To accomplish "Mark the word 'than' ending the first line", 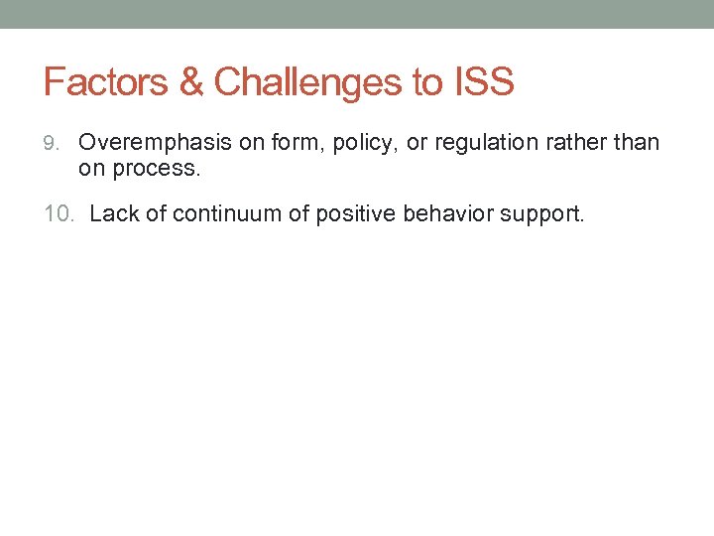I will (x=637, y=143).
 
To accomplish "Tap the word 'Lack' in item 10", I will (x=113, y=213).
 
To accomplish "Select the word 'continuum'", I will (x=219, y=213).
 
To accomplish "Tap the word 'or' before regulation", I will (x=417, y=143).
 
